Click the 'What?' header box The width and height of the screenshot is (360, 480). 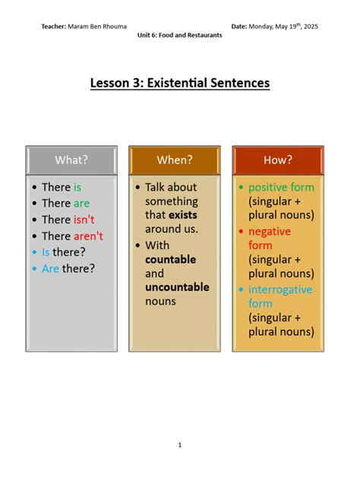[x=71, y=159]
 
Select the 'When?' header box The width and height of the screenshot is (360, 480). [x=175, y=159]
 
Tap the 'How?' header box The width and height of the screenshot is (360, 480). [x=278, y=159]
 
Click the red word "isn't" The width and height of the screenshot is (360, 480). [x=84, y=219]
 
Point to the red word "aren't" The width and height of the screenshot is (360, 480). [x=88, y=236]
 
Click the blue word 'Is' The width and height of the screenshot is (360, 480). [x=46, y=252]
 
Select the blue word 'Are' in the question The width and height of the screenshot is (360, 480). [x=50, y=268]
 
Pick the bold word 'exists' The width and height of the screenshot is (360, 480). [x=183, y=215]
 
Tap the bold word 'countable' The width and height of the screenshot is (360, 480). [x=170, y=259]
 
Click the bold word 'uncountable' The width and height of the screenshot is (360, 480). [x=177, y=287]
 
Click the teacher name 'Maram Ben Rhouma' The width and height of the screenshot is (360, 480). [x=97, y=27]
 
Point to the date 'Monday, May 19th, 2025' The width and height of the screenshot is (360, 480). [x=284, y=27]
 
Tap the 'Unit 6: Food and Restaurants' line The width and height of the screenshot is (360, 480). [x=180, y=36]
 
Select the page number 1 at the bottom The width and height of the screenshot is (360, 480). [x=180, y=445]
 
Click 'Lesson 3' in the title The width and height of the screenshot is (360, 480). [x=115, y=83]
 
